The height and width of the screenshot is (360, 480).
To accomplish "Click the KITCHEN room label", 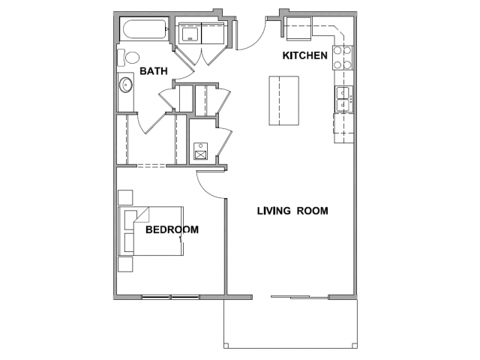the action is pos(305,55).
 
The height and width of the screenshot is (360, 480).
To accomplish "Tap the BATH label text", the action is pos(154,71).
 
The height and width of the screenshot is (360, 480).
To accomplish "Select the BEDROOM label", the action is pos(172,229).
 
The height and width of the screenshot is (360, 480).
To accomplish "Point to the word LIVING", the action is pos(274,211).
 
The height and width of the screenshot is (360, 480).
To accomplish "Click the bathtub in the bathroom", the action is pos(145,29).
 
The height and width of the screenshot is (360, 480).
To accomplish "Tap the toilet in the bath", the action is pos(128,58).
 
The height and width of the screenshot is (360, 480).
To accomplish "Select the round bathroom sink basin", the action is pos(125,85).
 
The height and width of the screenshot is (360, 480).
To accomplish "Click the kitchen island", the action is pos(283,100).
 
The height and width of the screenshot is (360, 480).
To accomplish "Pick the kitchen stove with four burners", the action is pos(343,58).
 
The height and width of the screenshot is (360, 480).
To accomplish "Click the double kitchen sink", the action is pos(343,99).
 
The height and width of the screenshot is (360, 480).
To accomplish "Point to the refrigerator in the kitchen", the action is pos(298,28).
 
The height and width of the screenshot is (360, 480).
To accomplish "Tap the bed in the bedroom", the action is pos(151,231).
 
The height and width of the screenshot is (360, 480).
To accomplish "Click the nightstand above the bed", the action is pos(125,197).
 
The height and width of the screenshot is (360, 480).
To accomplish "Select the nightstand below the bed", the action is pos(125,264).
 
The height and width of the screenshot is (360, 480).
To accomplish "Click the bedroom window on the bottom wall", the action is pos(171,297).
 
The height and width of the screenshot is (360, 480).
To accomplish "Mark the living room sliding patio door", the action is pos(300,297).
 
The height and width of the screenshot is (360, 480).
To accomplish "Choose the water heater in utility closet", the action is pos(200,151).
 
